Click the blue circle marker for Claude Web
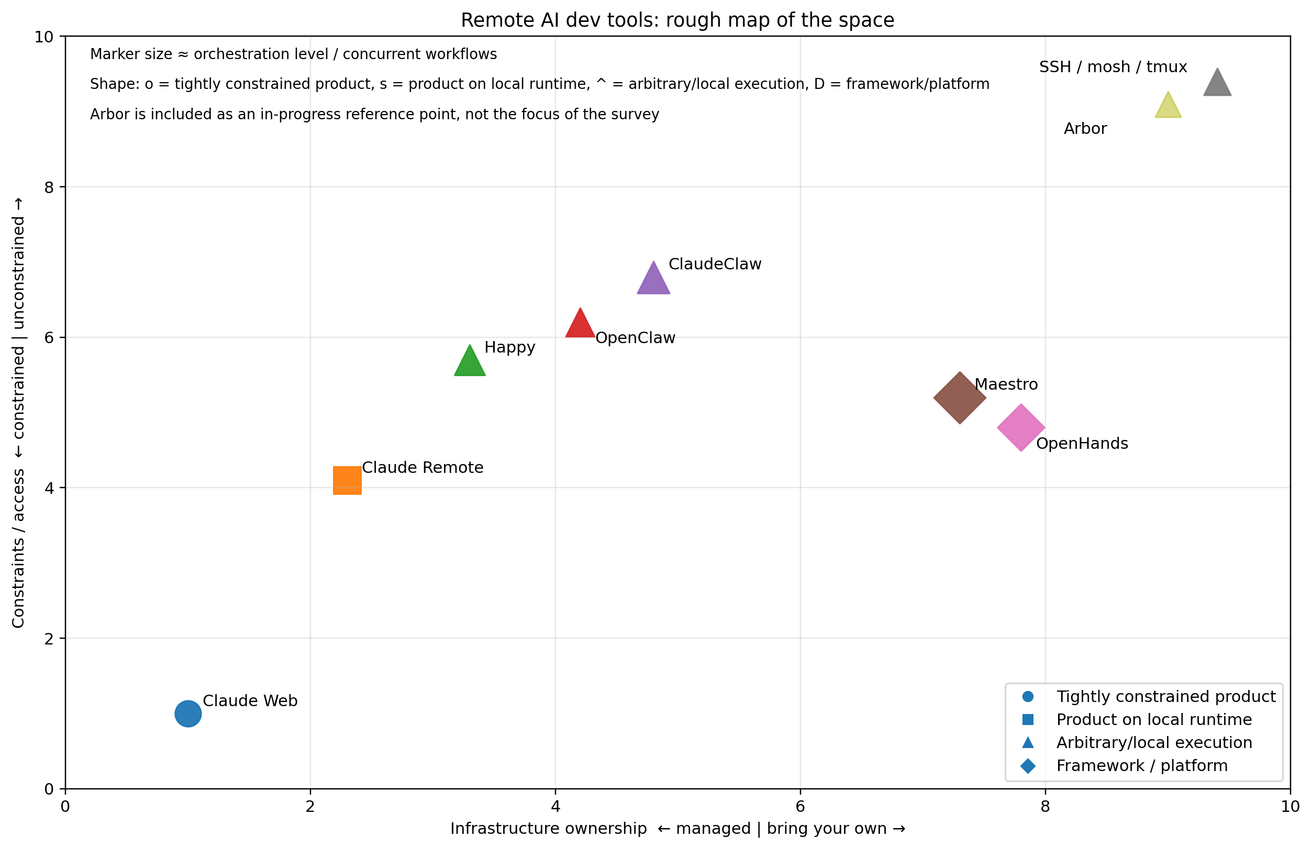188,714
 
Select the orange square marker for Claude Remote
347,480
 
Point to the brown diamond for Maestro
960,398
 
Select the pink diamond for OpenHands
1021,427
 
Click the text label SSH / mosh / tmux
1113,67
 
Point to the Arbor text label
1085,129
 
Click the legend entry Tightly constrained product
1165,696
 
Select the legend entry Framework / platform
1142,766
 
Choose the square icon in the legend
1028,719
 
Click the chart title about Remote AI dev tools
677,20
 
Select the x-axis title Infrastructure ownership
677,829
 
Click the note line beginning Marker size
293,54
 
